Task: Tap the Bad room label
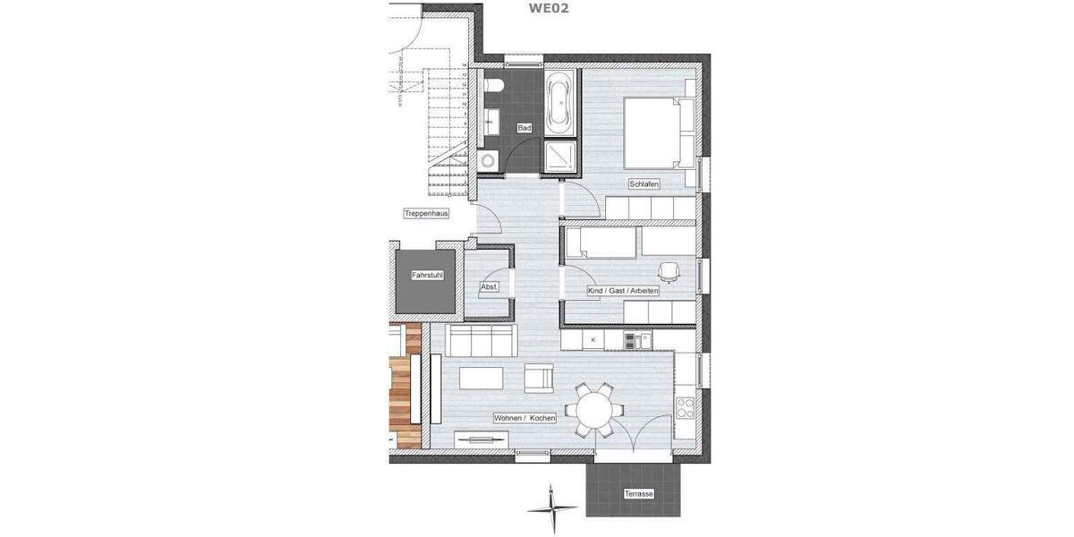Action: [x=524, y=129]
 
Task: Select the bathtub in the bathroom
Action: [x=561, y=103]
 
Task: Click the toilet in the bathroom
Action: [x=497, y=86]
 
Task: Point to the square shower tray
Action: [x=561, y=155]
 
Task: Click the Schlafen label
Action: [x=644, y=184]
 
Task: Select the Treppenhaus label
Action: [x=425, y=214]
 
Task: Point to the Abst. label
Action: [x=489, y=286]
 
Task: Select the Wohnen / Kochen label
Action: [x=524, y=418]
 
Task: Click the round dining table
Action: [x=593, y=411]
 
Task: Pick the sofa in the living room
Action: [x=482, y=341]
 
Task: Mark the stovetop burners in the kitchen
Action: [x=686, y=409]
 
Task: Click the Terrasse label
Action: [x=639, y=494]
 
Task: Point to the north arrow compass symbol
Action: [x=552, y=507]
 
